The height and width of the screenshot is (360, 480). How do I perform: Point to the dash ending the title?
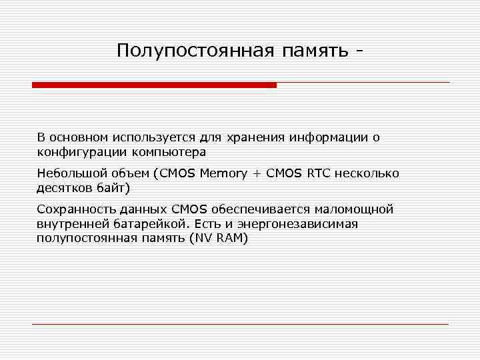(x=361, y=51)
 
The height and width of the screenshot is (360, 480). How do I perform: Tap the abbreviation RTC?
(x=320, y=173)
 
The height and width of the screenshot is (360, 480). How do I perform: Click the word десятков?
(x=65, y=187)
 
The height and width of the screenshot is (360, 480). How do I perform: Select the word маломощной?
(x=353, y=209)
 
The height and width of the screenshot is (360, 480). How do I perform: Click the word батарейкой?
(x=143, y=224)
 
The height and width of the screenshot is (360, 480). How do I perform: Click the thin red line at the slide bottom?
(x=240, y=324)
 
